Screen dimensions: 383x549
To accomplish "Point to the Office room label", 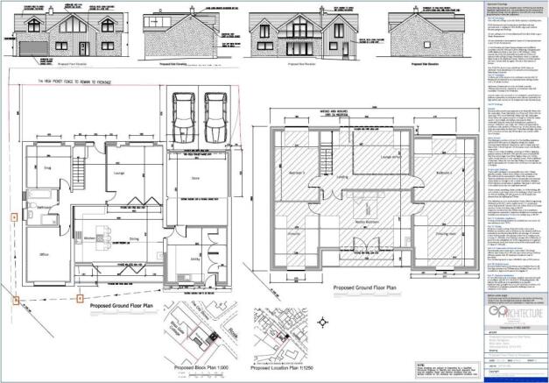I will click(45, 254).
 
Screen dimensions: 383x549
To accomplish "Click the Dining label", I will click(134, 237).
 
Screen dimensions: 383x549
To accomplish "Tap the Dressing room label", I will click(440, 235).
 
